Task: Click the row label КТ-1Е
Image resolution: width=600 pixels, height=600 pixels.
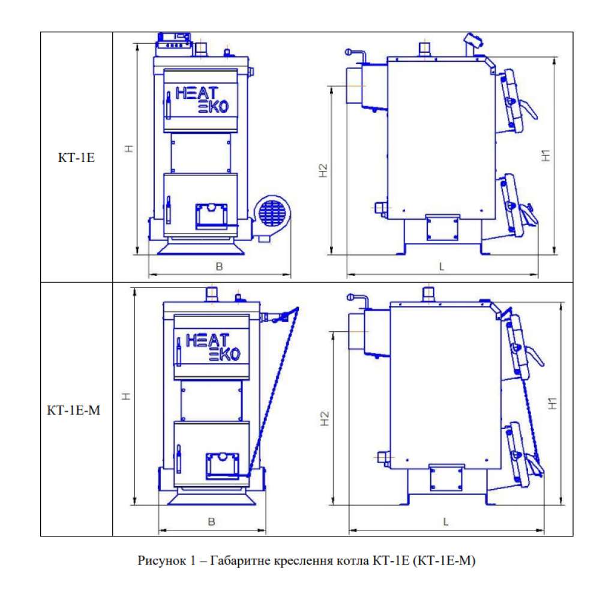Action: click(76, 158)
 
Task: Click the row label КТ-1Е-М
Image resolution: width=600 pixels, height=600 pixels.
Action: click(73, 410)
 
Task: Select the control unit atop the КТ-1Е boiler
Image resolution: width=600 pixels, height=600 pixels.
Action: click(174, 44)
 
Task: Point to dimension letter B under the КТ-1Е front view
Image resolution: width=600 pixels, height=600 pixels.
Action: click(219, 267)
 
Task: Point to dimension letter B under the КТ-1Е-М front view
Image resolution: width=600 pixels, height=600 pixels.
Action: click(212, 521)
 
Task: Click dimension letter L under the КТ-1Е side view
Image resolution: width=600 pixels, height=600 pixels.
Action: click(442, 267)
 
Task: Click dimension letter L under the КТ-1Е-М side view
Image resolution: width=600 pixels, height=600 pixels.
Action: click(445, 521)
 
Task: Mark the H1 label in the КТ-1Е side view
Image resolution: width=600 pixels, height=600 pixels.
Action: click(546, 155)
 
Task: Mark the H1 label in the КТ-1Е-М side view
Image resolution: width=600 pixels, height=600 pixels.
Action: click(553, 403)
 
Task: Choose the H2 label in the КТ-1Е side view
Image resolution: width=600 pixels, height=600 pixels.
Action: click(323, 170)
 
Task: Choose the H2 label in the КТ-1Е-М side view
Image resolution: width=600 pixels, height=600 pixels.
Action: click(325, 419)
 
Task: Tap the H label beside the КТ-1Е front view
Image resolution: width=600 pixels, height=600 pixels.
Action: click(129, 149)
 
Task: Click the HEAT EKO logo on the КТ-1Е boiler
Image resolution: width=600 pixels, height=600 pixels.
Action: click(202, 100)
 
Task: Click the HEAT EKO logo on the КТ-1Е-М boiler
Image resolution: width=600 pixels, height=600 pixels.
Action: click(213, 347)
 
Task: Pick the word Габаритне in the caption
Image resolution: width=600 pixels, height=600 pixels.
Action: click(241, 560)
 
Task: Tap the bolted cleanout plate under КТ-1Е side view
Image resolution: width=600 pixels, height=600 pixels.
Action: click(442, 228)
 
